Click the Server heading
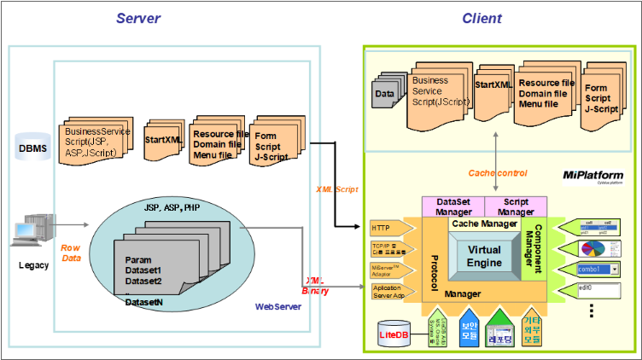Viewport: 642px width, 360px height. (x=138, y=18)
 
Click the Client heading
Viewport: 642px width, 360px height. (x=482, y=18)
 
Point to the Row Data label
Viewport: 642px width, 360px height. (x=70, y=252)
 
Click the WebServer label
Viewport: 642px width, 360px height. (x=278, y=306)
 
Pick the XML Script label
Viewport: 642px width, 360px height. (x=336, y=187)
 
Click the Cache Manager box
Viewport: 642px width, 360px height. (x=483, y=223)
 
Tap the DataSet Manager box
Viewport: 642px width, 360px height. (x=453, y=205)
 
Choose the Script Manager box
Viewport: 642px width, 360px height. (x=515, y=205)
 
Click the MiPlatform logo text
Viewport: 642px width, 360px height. (x=592, y=175)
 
